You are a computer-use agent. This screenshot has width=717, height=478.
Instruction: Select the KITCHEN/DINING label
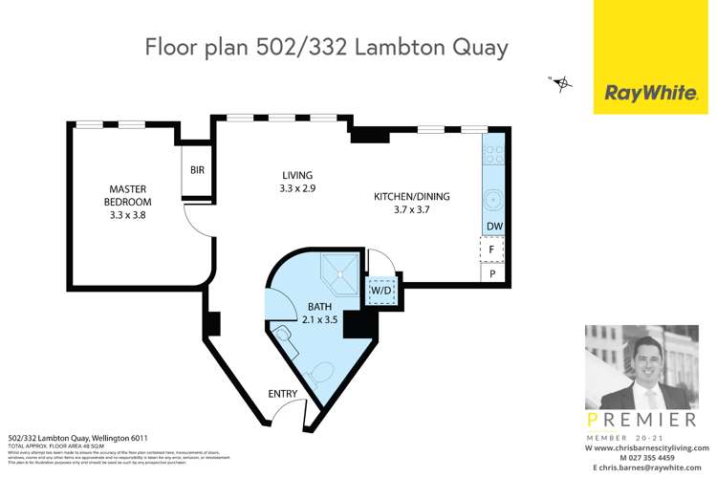pyautogui.click(x=411, y=204)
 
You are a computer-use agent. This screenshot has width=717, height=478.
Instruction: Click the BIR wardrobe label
pyautogui.click(x=197, y=171)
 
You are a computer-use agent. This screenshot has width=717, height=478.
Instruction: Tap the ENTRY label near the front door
pyautogui.click(x=284, y=394)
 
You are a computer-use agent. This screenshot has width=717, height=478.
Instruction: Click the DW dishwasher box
pyautogui.click(x=493, y=227)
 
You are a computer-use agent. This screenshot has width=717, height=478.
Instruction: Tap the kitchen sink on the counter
pyautogui.click(x=493, y=202)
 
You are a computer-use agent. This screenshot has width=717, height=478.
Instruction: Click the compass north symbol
pyautogui.click(x=562, y=83)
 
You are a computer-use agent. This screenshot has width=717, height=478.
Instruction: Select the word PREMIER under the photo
pyautogui.click(x=638, y=420)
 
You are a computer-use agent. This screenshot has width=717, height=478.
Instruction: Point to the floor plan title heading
pyautogui.click(x=325, y=47)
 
